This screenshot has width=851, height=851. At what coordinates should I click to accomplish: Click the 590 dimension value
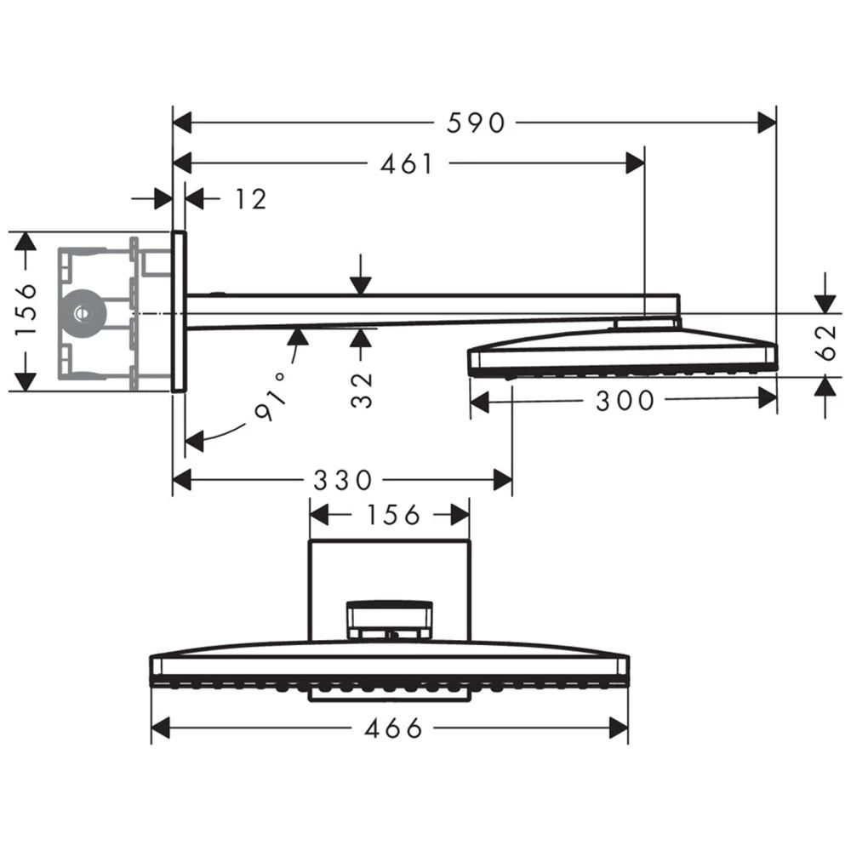pos(476,123)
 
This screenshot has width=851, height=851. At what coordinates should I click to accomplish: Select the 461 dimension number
pos(406,163)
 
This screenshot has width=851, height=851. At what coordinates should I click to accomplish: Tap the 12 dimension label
pos(250,199)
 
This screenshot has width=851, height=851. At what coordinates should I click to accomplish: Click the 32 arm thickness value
pos(363,390)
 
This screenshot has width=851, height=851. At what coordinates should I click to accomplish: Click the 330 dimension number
pos(342,481)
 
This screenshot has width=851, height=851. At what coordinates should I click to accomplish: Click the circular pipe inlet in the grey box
pos(83,312)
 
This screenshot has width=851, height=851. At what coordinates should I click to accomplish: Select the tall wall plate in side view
pos(179,311)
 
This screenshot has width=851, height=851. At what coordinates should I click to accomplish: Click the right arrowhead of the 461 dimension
pos(635,163)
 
